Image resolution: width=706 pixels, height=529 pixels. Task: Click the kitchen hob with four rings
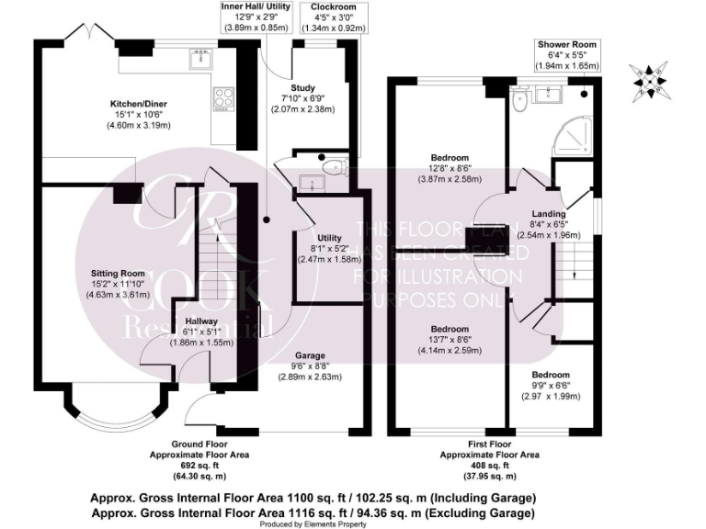(223, 97)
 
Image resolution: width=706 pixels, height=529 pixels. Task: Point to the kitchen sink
(199, 60)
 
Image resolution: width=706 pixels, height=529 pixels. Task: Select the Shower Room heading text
(567, 44)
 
